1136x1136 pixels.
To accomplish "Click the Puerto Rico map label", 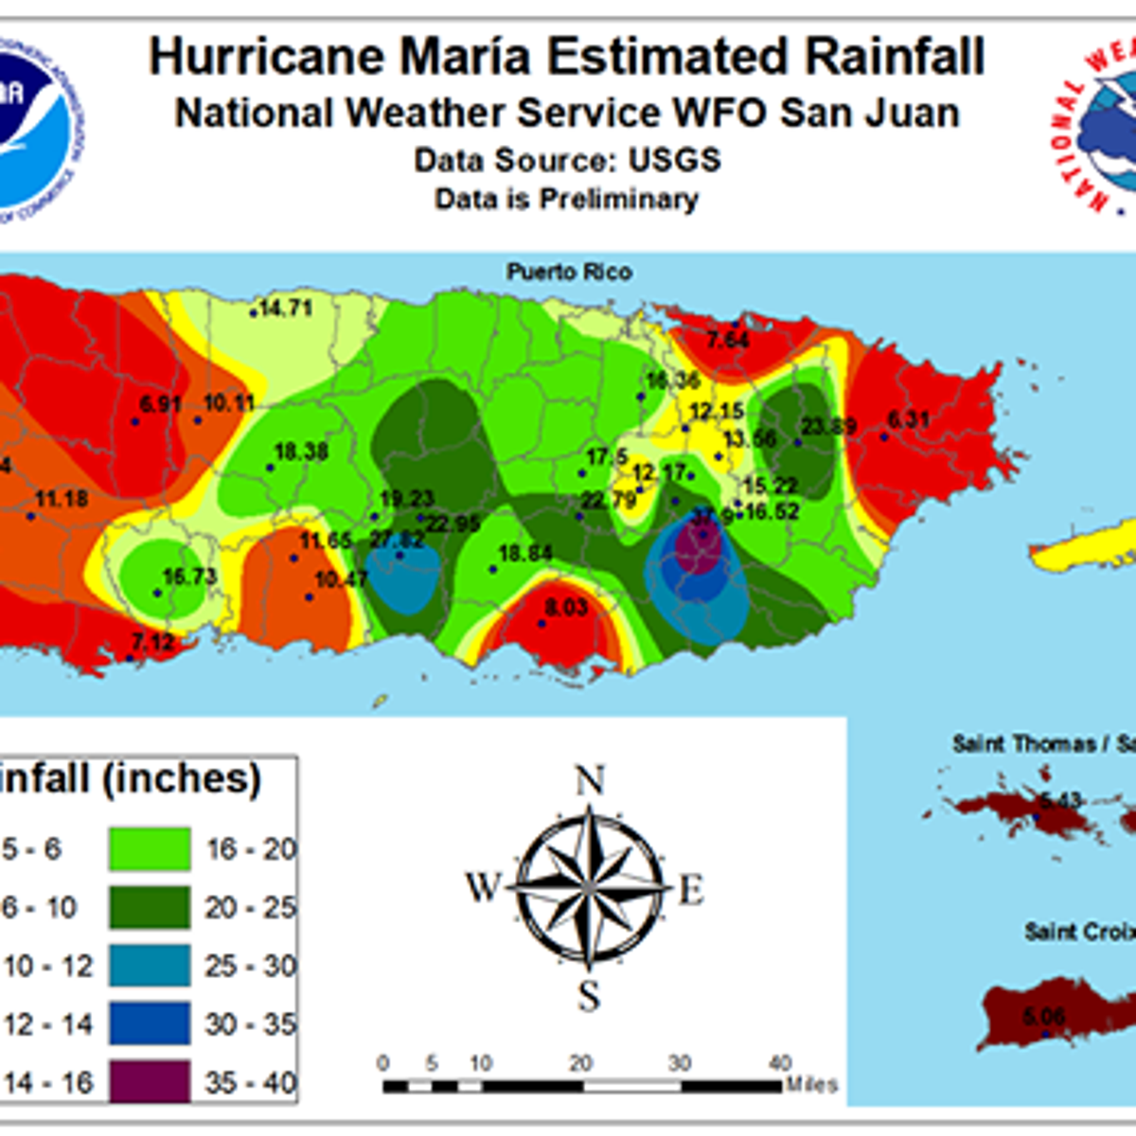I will tap(569, 272).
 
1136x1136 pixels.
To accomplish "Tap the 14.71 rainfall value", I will tap(286, 308).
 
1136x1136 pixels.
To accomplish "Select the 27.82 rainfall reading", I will tap(398, 540).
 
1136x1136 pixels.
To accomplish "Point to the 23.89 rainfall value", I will tap(829, 426).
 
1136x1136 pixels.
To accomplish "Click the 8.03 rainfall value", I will tap(566, 607).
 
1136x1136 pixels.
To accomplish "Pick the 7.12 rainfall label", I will tap(152, 643).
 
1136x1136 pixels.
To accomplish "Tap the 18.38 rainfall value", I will tap(301, 452).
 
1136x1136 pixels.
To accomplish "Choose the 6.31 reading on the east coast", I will tap(909, 419).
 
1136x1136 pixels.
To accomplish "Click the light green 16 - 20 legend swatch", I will tap(149, 849).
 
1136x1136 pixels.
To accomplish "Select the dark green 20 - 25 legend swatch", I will tap(149, 908).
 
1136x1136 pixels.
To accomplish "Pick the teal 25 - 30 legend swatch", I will tap(149, 966).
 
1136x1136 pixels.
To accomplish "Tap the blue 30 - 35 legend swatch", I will tap(149, 1024).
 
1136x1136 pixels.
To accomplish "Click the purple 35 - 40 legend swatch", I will tap(149, 1082).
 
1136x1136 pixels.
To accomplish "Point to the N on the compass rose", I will tap(589, 782).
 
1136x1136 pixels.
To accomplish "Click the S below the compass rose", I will tap(589, 996).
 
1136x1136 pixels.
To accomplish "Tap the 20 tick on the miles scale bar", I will tap(580, 1063).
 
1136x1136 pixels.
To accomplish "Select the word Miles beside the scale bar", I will tap(811, 1085).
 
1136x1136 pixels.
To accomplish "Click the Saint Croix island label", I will tap(1079, 932).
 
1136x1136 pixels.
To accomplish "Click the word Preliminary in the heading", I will tap(619, 200).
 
